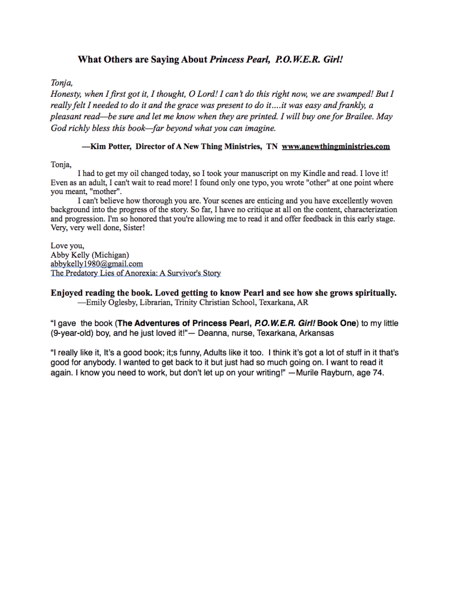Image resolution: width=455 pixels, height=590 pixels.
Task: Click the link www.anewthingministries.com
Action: (x=335, y=147)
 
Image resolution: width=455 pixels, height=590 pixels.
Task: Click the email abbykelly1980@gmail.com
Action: (x=96, y=264)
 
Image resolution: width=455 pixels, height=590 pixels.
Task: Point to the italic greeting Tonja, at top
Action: (x=62, y=83)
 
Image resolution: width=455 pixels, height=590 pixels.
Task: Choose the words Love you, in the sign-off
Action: (x=67, y=246)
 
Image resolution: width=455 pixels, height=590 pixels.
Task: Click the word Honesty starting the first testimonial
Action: (x=66, y=94)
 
